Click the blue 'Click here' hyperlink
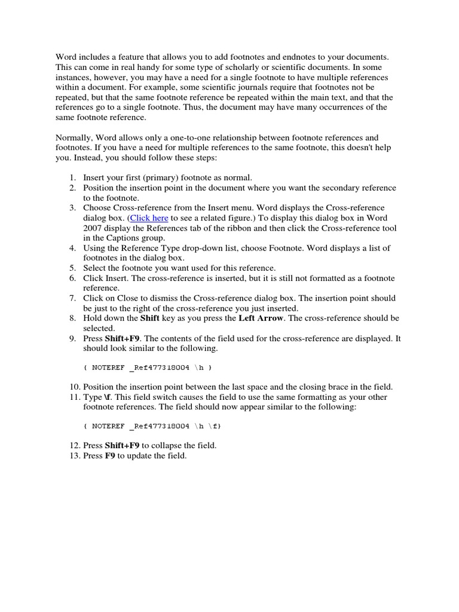(149, 218)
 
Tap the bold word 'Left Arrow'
(262, 318)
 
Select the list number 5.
(72, 268)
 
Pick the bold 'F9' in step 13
(110, 456)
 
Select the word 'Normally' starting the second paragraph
(74, 137)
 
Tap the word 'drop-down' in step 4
(194, 248)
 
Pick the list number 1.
(72, 178)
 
